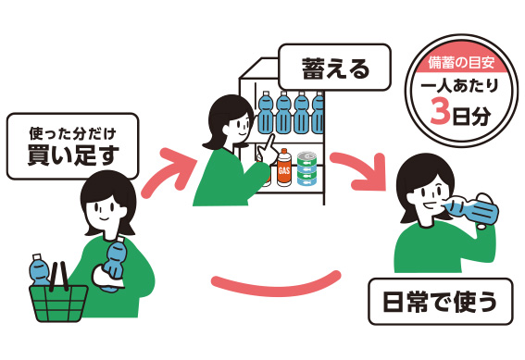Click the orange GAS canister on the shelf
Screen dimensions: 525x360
pos(283,168)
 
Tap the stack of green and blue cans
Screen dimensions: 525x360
pos(306,168)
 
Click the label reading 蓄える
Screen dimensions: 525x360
pos(335,68)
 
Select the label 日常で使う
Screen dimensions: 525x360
pos(441,302)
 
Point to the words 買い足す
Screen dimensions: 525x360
pos(73,155)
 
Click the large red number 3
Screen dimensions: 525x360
pos(440,111)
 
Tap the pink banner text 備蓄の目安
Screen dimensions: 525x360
pos(461,63)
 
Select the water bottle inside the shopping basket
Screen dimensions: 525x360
pos(40,270)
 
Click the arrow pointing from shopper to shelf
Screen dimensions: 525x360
pos(169,172)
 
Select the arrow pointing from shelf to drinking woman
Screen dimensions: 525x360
pos(360,170)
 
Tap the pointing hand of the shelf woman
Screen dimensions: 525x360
pos(269,150)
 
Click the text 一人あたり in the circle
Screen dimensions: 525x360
pos(459,86)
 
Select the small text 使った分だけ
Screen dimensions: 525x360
pos(72,133)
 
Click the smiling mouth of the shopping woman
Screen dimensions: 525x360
pos(104,219)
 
